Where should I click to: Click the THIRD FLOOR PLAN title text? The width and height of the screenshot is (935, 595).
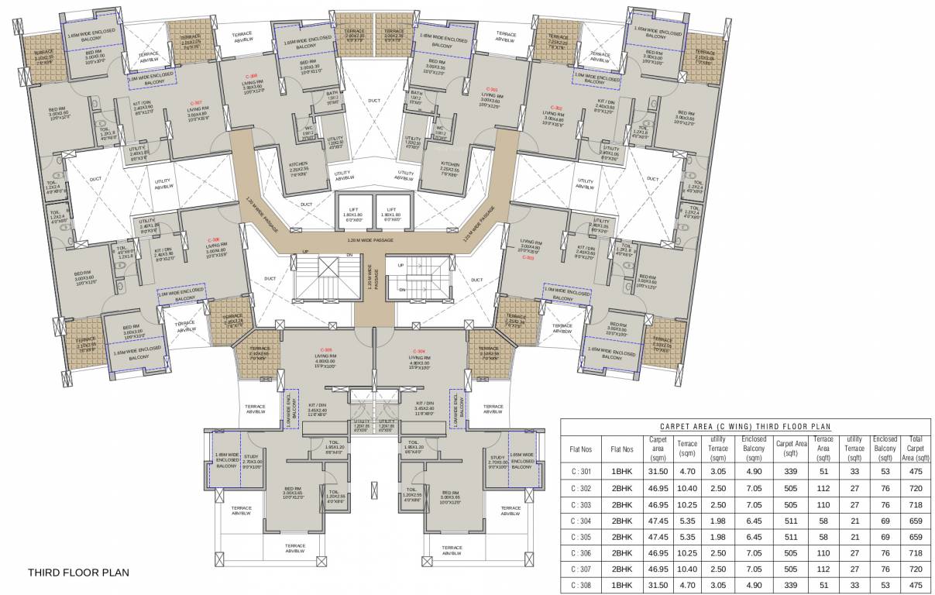pos(78,573)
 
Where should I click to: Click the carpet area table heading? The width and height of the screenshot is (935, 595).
pos(745,426)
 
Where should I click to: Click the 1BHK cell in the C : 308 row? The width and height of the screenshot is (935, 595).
pos(621,586)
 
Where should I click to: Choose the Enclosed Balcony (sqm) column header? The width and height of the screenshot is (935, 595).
pos(754,449)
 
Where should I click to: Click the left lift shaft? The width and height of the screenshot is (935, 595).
pos(353,215)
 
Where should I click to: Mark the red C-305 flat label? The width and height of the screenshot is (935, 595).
pos(327,349)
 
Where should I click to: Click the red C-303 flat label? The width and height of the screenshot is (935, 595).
pos(528,257)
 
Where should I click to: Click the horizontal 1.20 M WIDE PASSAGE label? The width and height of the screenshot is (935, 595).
pos(370,240)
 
